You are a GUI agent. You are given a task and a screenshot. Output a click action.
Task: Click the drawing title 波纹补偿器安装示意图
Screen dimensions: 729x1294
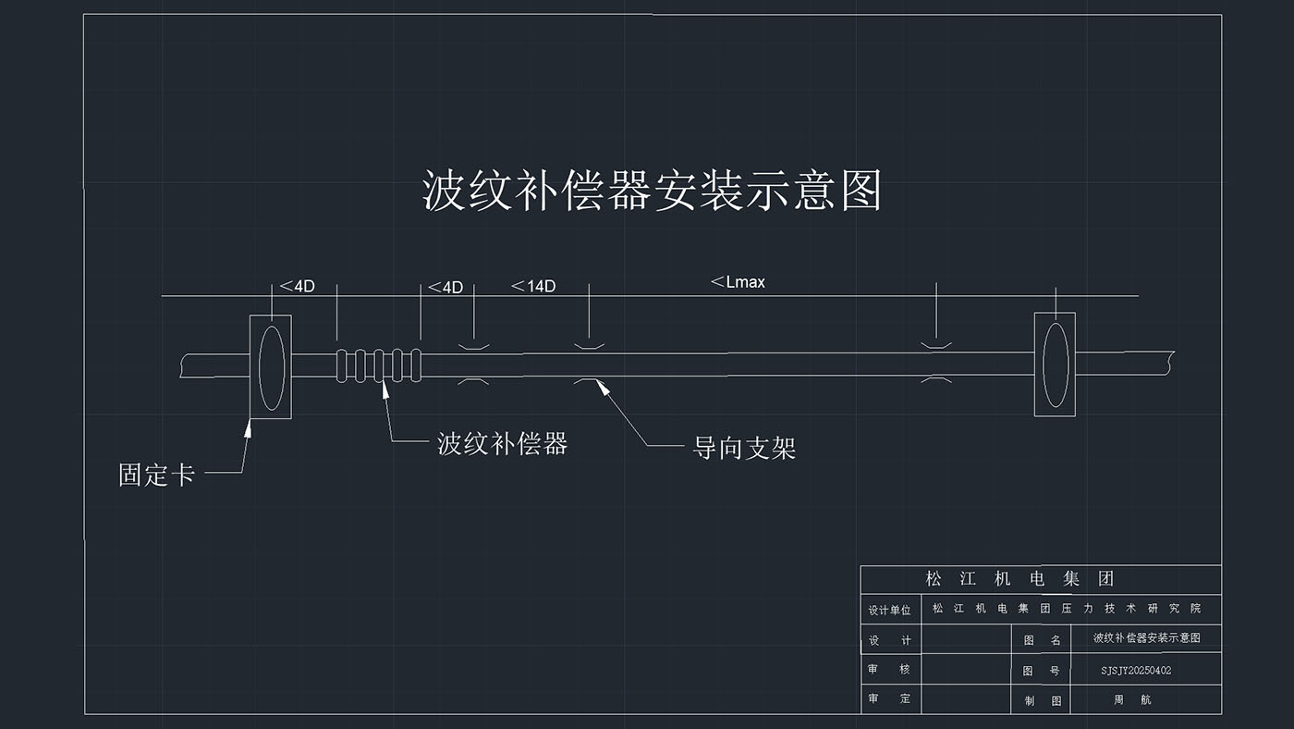coord(652,191)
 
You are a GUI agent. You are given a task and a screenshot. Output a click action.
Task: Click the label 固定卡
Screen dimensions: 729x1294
coord(156,476)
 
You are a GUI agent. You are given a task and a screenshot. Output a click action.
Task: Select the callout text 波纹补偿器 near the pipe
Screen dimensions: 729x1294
coord(502,444)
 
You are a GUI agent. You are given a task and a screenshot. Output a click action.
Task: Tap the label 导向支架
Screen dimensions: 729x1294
coord(744,449)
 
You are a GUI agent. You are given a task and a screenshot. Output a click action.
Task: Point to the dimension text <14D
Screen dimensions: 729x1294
coord(533,286)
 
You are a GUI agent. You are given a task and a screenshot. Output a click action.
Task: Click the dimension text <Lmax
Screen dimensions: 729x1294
coord(738,282)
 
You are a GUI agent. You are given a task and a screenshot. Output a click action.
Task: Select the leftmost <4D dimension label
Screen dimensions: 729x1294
coord(297,286)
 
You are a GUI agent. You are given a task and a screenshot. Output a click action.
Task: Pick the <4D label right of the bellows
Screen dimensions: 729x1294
coord(445,288)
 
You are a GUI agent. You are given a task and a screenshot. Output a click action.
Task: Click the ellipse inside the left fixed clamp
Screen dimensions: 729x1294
coord(271,366)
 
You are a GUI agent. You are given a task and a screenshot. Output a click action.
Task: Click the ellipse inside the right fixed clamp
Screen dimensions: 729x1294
coord(1055,364)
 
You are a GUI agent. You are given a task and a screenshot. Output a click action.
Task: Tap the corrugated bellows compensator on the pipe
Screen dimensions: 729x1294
coord(379,365)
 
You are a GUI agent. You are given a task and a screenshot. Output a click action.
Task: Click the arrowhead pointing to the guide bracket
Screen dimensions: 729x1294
coord(603,387)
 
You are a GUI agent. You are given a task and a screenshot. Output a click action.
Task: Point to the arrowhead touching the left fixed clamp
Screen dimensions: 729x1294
coord(249,427)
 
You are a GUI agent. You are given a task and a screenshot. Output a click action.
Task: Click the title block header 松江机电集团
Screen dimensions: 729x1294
coord(1019,579)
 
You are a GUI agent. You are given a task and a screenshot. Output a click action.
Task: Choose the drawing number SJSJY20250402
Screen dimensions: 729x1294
coord(1136,670)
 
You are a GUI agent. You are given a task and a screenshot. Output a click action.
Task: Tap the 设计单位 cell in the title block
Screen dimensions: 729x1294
coord(889,611)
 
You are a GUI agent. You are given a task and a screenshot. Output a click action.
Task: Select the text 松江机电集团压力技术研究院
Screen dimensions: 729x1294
coord(1066,609)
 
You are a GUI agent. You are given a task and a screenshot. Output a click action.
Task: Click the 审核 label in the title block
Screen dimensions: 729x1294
coord(889,669)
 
